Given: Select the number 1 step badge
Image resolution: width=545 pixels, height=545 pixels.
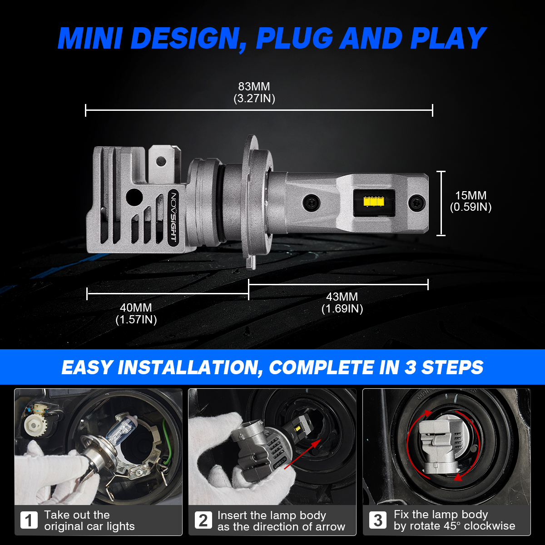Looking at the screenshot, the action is point(29,520).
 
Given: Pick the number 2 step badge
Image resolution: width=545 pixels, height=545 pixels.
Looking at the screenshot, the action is point(203,520).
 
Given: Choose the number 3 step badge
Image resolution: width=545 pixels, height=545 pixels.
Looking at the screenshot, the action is point(377,520).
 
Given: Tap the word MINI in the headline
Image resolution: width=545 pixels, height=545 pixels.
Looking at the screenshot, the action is point(90,39).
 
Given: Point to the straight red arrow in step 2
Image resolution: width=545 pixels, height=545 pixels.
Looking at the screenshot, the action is point(302,454).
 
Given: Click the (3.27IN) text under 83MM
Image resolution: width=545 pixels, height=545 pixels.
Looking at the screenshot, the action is point(254,99).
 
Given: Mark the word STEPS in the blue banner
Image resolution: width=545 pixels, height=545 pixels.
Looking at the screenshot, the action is point(452,367).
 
